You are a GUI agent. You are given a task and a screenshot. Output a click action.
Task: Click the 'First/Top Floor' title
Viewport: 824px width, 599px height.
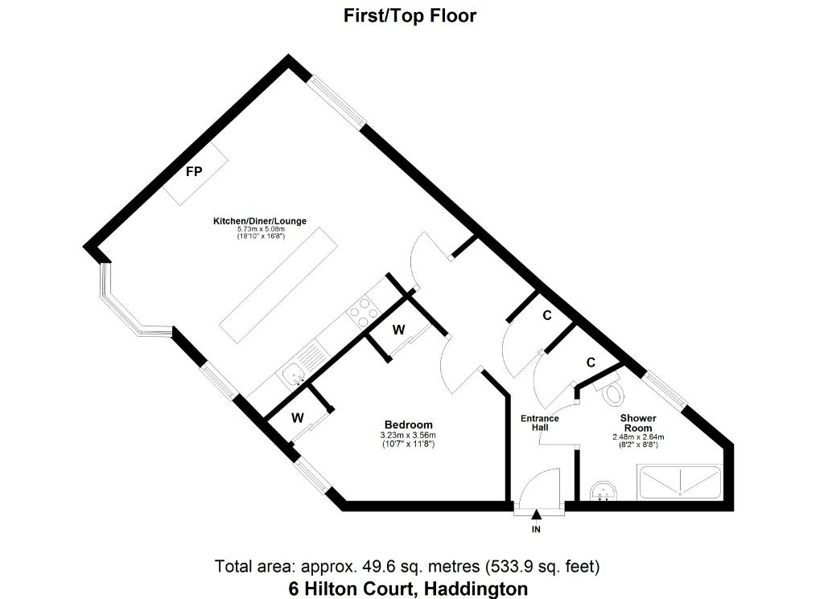(410, 15)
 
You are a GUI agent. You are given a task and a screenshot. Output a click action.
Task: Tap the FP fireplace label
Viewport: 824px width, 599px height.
(194, 172)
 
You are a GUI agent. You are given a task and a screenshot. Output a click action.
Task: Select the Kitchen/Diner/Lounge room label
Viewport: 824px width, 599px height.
(260, 221)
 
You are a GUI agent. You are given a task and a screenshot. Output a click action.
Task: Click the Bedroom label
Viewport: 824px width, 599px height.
(408, 425)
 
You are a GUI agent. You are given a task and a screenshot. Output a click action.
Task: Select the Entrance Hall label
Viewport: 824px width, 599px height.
(539, 423)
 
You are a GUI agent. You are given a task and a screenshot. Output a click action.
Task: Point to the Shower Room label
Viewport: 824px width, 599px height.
(638, 423)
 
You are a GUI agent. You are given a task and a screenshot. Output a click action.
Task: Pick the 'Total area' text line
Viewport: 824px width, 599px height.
(407, 565)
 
